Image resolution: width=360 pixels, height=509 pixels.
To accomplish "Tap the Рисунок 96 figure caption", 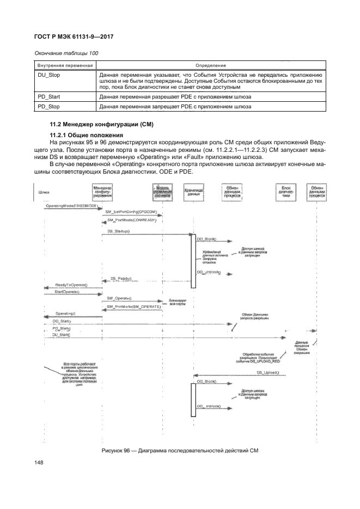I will [x=180, y=451].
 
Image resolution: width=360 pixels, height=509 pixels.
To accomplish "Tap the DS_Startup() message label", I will [x=118, y=231].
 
